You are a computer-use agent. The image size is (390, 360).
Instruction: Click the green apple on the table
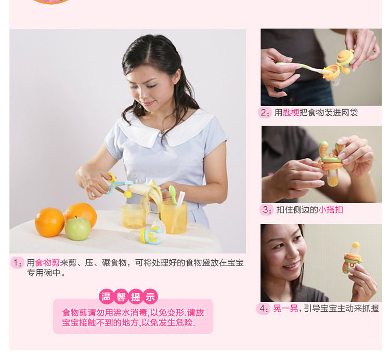click(78, 229)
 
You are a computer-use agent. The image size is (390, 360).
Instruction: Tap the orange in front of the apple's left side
click(49, 222)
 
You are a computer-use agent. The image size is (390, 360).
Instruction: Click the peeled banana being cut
click(147, 193)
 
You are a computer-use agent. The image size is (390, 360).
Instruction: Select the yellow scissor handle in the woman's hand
click(111, 177)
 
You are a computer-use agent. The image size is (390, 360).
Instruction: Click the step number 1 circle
click(17, 263)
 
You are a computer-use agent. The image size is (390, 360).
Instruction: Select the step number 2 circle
click(265, 113)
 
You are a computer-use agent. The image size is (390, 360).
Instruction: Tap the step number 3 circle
click(266, 210)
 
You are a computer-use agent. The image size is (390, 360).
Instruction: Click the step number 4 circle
click(264, 309)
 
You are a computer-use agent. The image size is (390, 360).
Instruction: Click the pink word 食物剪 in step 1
click(47, 263)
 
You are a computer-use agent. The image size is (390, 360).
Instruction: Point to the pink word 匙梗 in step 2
click(291, 113)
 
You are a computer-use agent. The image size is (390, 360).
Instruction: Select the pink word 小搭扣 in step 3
click(331, 210)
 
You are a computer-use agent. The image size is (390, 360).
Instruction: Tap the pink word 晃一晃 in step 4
click(285, 309)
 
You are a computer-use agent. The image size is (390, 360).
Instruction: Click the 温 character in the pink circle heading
click(106, 297)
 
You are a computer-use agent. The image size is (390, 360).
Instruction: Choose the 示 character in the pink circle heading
click(150, 297)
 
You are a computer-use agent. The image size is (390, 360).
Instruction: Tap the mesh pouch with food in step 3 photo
click(333, 178)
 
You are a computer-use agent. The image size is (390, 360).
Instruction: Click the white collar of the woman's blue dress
click(165, 129)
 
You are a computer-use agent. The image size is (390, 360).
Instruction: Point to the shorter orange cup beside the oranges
click(133, 217)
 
